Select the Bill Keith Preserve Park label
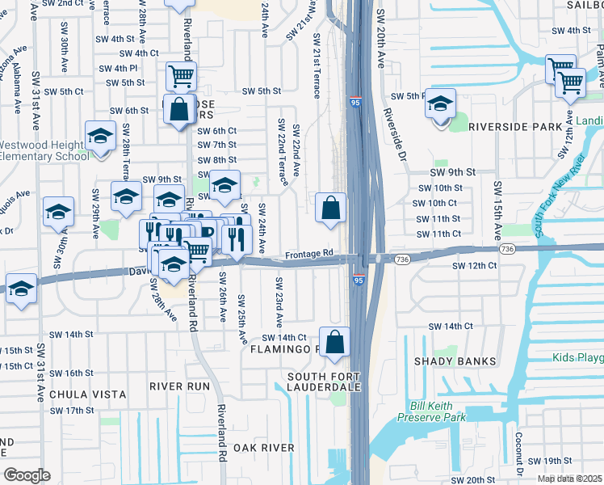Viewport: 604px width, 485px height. (x=443, y=411)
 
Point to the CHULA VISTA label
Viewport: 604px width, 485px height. (x=88, y=394)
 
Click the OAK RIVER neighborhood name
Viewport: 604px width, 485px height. (x=264, y=447)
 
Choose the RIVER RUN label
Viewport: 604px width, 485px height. (x=179, y=386)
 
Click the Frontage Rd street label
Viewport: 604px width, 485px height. (x=308, y=253)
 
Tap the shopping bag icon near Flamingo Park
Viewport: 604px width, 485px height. (x=334, y=341)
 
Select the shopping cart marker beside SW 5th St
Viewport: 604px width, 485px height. (x=182, y=76)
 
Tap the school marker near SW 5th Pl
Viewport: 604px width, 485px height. (x=440, y=103)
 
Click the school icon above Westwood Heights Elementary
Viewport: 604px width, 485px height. (x=100, y=136)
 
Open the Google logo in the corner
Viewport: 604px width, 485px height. (x=27, y=475)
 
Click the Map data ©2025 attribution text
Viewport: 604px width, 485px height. (x=570, y=479)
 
